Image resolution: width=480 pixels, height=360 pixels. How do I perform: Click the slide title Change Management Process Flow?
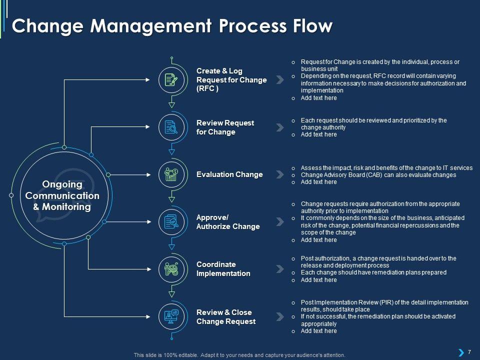(172, 26)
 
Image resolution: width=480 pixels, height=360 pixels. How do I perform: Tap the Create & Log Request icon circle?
(171, 80)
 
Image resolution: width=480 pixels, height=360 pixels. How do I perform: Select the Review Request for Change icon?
(171, 127)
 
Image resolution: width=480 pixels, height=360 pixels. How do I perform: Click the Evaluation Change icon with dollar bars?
(171, 174)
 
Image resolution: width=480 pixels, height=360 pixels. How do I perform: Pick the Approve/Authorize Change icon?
(171, 222)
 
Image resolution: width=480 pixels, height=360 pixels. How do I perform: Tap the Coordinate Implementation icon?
(171, 269)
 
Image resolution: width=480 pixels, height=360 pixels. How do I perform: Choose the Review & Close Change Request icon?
(171, 316)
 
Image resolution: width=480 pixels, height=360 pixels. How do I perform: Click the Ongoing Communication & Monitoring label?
(62, 195)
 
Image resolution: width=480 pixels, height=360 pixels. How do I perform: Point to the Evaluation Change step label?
(229, 174)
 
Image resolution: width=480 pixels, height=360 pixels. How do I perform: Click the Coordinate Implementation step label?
(223, 269)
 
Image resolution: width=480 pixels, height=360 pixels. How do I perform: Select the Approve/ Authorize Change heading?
(228, 222)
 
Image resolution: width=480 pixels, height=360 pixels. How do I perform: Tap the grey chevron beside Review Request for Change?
(279, 127)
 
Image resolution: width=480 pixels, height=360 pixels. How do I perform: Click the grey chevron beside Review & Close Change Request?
(279, 316)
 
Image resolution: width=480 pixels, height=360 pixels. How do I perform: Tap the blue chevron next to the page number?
(460, 352)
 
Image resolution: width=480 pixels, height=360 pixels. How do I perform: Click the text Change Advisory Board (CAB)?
(340, 175)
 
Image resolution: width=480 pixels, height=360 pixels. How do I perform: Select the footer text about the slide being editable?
(239, 355)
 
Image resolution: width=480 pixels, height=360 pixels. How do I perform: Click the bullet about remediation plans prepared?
(366, 272)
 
